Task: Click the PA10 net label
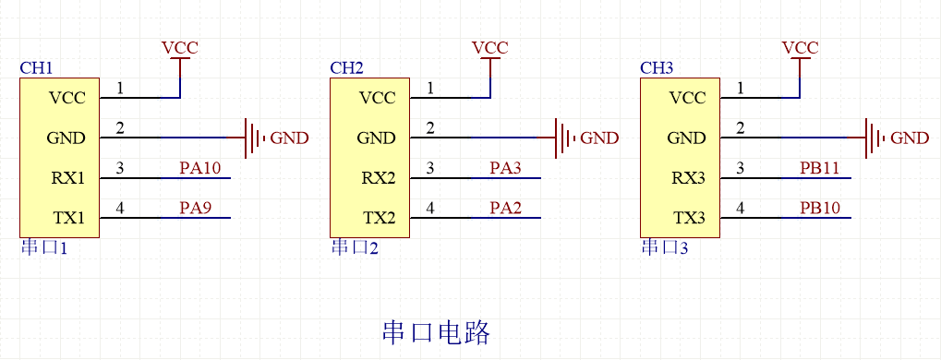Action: coord(199,168)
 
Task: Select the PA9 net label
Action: coord(196,209)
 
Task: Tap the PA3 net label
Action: coord(506,168)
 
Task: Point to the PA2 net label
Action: coord(506,209)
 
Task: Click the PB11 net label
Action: coord(820,168)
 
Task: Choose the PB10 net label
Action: coord(820,209)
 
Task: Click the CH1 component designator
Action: coord(36,68)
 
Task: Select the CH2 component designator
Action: coord(346,68)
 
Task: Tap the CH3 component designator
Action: coord(657,68)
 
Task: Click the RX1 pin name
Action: coord(67,178)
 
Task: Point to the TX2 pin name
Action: coord(378,219)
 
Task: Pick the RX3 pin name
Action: coord(688,178)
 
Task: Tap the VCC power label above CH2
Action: coord(489,48)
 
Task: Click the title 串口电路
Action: coord(435,332)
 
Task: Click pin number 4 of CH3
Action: coord(741,209)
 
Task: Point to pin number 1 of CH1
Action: coord(120,89)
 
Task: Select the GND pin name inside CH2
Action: coord(376,138)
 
